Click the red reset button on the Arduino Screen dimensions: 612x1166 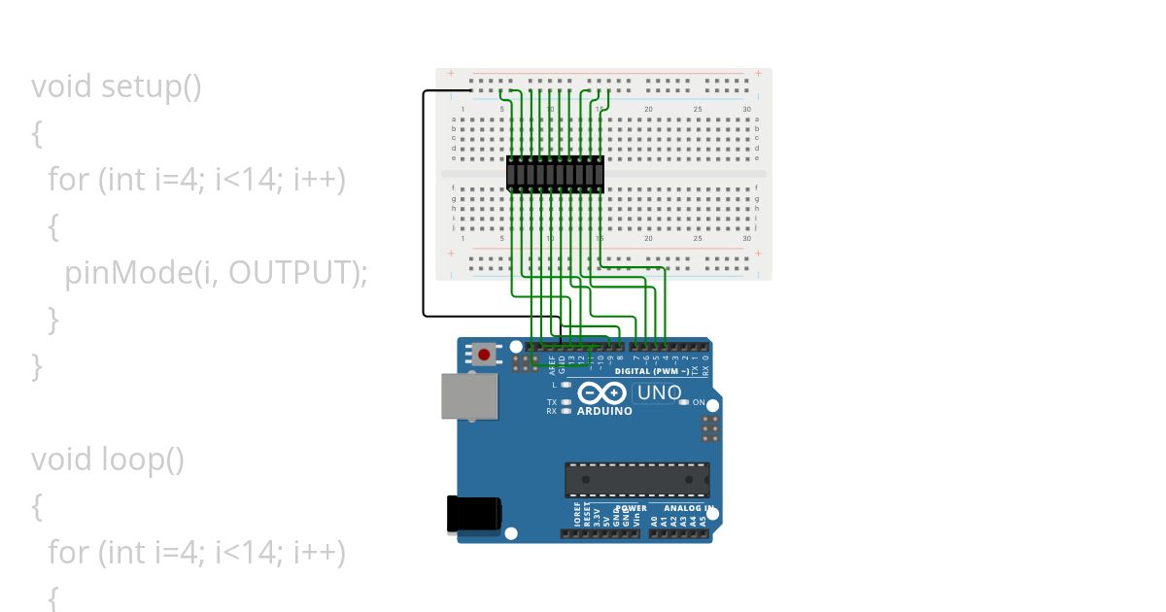pyautogui.click(x=485, y=355)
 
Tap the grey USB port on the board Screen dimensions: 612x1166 pyautogui.click(x=469, y=395)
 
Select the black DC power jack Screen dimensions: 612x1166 pyautogui.click(x=473, y=515)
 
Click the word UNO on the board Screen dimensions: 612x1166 pyautogui.click(x=659, y=393)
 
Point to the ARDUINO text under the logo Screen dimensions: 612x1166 pyautogui.click(x=604, y=411)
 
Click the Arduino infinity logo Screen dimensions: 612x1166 pyautogui.click(x=602, y=393)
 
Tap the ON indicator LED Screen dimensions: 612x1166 pyautogui.click(x=684, y=402)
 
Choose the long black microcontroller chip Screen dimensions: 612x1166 pyautogui.click(x=636, y=480)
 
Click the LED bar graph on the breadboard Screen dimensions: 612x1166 pyautogui.click(x=555, y=173)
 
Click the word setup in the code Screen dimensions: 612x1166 pyautogui.click(x=139, y=86)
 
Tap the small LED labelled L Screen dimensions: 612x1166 pyautogui.click(x=566, y=386)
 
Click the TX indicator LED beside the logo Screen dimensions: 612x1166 pyautogui.click(x=566, y=402)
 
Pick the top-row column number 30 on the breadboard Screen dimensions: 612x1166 pyautogui.click(x=746, y=109)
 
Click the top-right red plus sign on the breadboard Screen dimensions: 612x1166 pyautogui.click(x=758, y=73)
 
